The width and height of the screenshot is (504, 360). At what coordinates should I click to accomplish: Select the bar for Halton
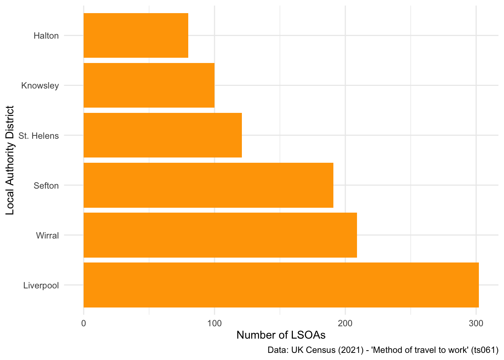point(136,36)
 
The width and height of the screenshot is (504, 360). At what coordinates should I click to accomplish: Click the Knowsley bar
point(149,85)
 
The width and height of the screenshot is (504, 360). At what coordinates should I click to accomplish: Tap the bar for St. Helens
point(162,135)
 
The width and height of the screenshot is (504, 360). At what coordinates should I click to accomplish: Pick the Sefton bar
point(208,185)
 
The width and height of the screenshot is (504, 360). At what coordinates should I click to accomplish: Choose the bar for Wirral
point(220,235)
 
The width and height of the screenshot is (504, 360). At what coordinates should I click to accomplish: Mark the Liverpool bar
point(281,285)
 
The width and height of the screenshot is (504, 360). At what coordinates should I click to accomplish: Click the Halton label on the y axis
point(46,36)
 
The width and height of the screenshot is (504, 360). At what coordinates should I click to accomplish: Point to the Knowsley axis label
point(40,86)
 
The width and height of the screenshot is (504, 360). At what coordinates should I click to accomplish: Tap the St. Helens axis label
point(39,136)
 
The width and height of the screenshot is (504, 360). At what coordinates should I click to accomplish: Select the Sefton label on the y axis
point(46,186)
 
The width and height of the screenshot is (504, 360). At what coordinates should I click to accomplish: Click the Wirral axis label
point(47,235)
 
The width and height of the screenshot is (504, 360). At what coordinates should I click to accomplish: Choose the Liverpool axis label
point(41,285)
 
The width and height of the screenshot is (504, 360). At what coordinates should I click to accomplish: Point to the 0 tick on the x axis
point(84,323)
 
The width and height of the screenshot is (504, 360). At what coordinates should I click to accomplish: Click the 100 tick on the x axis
point(214,323)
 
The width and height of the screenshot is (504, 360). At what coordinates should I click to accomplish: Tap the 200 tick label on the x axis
point(345,323)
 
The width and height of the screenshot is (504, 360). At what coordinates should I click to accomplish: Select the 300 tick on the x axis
point(475,323)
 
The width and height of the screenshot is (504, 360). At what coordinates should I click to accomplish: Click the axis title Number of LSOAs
point(281,335)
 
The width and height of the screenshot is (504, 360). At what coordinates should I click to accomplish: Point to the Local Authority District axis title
point(10,160)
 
